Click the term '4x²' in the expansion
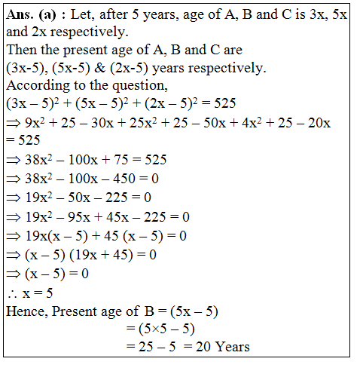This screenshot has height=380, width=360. pyautogui.click(x=261, y=123)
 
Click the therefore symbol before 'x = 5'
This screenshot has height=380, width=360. pyautogui.click(x=11, y=293)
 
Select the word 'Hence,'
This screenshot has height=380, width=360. pyautogui.click(x=26, y=310)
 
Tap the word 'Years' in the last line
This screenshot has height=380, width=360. pyautogui.click(x=230, y=347)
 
